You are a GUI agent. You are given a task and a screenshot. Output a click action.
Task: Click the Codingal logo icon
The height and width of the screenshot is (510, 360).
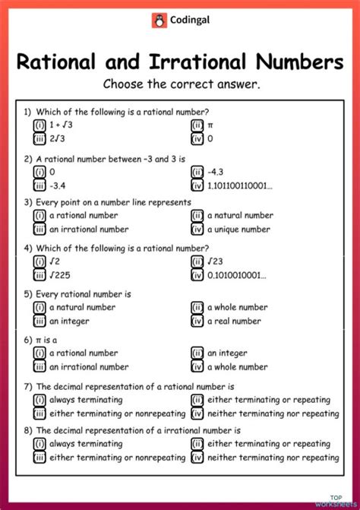click(x=159, y=21)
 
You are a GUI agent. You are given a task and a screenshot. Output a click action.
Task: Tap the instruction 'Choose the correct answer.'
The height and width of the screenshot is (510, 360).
click(x=182, y=84)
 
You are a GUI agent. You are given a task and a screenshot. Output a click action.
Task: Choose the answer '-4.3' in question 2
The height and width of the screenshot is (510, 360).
click(x=216, y=172)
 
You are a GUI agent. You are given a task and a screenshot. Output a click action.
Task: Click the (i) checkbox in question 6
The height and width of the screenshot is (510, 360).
click(x=39, y=353)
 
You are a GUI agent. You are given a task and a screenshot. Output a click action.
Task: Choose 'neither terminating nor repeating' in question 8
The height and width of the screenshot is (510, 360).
click(x=272, y=458)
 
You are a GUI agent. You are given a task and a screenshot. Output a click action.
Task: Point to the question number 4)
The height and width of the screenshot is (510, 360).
click(x=28, y=248)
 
